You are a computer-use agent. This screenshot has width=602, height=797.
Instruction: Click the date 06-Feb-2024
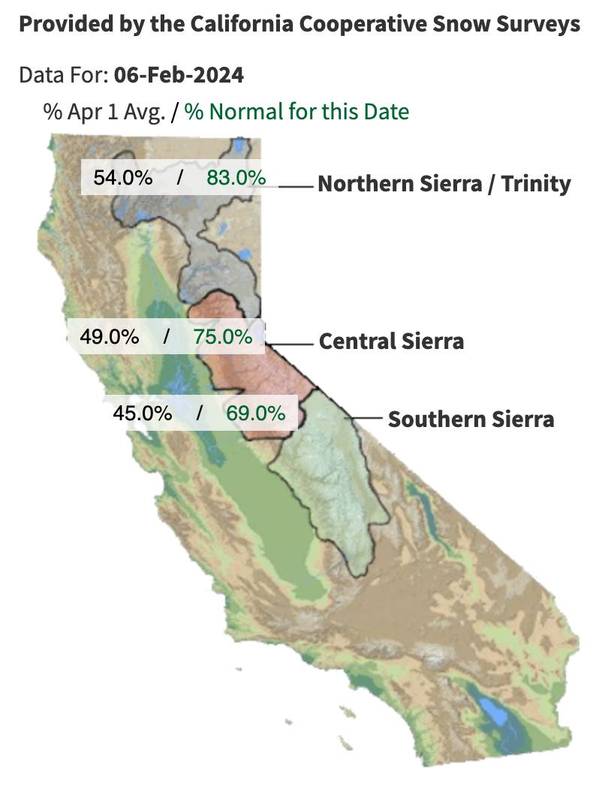tap(179, 75)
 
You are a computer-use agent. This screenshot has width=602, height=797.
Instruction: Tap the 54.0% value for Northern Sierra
tap(123, 179)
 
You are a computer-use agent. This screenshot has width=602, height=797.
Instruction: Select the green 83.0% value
tap(236, 179)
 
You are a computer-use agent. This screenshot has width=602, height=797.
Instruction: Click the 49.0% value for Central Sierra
tap(110, 336)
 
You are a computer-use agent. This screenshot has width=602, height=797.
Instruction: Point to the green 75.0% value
tap(223, 336)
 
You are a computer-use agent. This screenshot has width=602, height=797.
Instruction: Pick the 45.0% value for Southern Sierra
tap(143, 413)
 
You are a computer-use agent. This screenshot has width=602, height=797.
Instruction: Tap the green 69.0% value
tap(255, 413)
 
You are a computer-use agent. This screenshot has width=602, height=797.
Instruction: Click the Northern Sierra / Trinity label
tap(444, 184)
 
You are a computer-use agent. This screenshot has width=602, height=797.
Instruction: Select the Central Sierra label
tap(391, 341)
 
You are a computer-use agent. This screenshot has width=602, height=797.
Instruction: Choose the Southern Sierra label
tap(471, 419)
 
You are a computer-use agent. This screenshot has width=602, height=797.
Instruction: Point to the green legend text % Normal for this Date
tap(297, 113)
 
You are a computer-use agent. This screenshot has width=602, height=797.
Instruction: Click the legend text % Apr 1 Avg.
tap(104, 113)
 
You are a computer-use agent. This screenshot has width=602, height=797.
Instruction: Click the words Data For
tap(64, 75)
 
